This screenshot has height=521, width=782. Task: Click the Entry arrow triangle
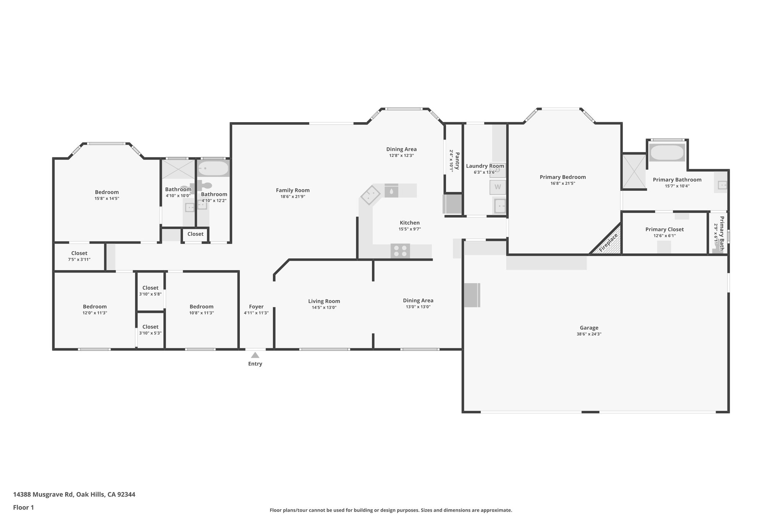(255, 355)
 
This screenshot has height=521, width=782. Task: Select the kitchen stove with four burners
(400, 251)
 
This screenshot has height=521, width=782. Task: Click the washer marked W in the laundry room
(498, 187)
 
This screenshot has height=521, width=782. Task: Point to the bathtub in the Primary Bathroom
(667, 153)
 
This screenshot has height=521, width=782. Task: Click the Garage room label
(589, 327)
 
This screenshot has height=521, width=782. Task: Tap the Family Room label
(293, 190)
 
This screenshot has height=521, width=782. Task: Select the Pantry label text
(457, 161)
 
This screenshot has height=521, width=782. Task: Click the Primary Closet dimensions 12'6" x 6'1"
(664, 236)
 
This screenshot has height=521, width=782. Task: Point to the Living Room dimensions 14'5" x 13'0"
(324, 307)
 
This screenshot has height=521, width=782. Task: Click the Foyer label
(256, 306)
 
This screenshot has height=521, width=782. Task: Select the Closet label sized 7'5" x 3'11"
(79, 253)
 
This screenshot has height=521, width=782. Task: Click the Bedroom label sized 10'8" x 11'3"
(202, 306)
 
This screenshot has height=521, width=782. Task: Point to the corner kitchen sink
(370, 195)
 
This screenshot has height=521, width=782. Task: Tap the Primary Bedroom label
(563, 177)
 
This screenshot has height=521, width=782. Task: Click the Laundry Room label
(485, 166)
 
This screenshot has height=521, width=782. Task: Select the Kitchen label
(410, 223)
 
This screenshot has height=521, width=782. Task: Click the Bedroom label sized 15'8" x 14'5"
(107, 192)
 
